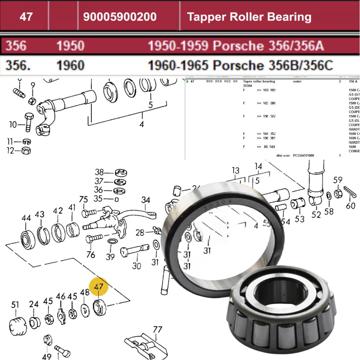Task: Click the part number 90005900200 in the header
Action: pyautogui.click(x=120, y=17)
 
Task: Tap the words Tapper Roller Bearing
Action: pyautogui.click(x=249, y=17)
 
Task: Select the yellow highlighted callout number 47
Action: pyautogui.click(x=99, y=287)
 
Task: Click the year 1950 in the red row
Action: pyautogui.click(x=70, y=46)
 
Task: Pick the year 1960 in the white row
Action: pyautogui.click(x=70, y=65)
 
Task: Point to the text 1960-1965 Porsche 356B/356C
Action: pyautogui.click(x=240, y=65)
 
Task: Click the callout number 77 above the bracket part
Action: pyautogui.click(x=157, y=330)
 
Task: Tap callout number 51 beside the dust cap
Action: pyautogui.click(x=15, y=305)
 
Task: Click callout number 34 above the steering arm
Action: pyautogui.click(x=146, y=200)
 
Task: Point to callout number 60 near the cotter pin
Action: pyautogui.click(x=350, y=206)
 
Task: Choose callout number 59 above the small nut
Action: pyautogui.click(x=338, y=180)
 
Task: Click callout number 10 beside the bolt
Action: pyautogui.click(x=13, y=125)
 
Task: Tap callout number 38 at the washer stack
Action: pyautogui.click(x=99, y=172)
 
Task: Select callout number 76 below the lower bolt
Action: pyautogui.click(x=91, y=255)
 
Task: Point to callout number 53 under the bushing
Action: pyautogui.click(x=300, y=219)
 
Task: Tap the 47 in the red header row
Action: pyautogui.click(x=26, y=17)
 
